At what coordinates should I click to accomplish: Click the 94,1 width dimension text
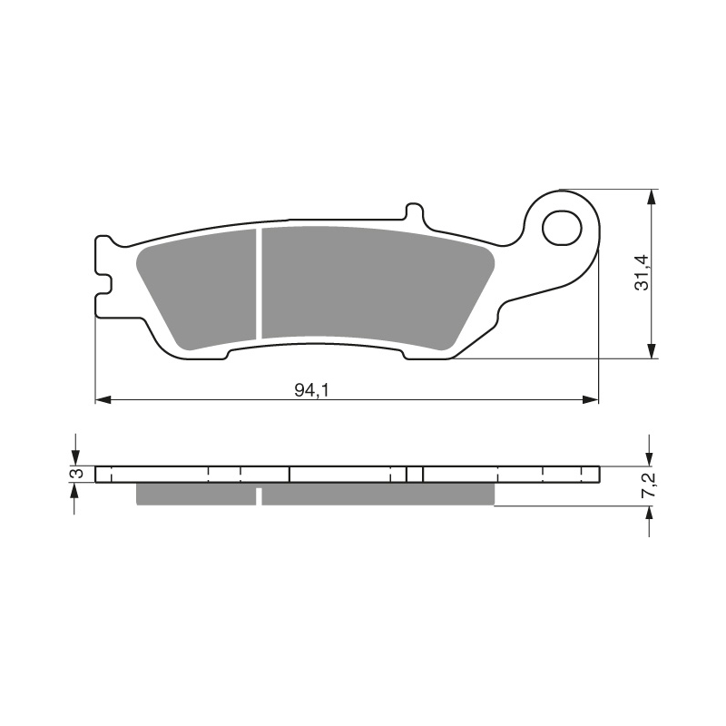click(309, 390)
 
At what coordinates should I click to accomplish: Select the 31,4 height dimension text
click(642, 272)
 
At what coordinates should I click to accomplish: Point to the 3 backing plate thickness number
click(78, 474)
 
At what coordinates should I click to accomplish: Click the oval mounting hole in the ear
click(563, 228)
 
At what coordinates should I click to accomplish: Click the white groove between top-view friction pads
click(260, 283)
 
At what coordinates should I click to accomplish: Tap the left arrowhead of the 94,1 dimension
click(103, 399)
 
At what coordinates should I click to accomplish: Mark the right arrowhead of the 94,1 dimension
click(593, 399)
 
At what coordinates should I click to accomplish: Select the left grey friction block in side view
click(195, 494)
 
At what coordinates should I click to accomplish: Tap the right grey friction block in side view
click(378, 494)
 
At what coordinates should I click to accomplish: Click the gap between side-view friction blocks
click(260, 495)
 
